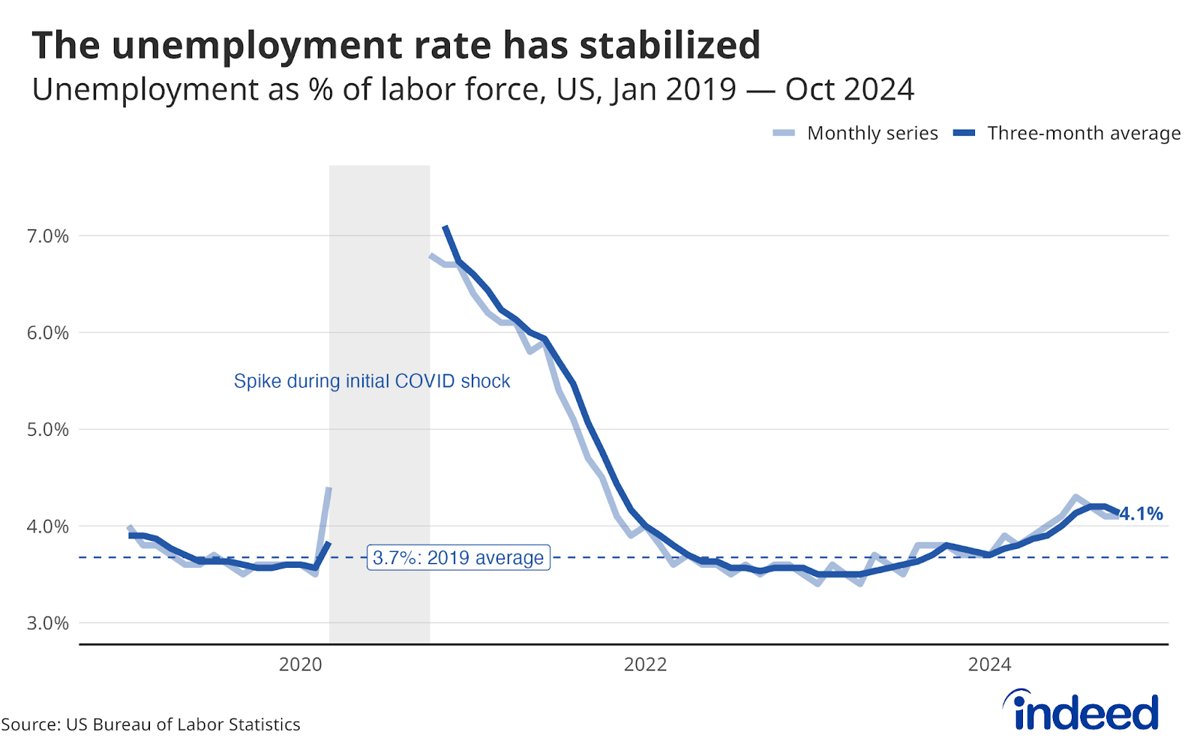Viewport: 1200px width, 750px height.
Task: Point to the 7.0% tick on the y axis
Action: [48, 236]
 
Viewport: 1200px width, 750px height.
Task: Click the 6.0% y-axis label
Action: [48, 333]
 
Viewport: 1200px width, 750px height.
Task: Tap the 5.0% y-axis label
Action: [48, 430]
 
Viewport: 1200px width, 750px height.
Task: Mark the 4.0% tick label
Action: [48, 526]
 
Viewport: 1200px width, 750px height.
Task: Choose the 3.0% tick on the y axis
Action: [48, 623]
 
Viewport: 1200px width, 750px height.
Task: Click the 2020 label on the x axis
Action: [300, 664]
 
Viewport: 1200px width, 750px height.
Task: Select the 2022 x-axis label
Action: [645, 664]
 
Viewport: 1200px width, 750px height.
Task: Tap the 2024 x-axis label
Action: [989, 664]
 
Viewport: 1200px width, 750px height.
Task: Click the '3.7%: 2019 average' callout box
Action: [458, 558]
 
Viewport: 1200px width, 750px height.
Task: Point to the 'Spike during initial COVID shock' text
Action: [372, 381]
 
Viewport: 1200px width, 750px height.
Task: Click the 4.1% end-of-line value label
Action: [1141, 514]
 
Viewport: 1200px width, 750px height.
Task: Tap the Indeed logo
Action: [1081, 710]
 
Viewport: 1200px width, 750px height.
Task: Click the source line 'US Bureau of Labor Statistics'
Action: [183, 724]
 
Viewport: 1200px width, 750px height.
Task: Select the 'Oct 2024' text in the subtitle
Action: [849, 90]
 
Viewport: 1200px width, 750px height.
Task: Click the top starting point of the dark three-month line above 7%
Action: [445, 226]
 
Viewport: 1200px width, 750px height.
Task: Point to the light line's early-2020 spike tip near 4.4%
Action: [328, 488]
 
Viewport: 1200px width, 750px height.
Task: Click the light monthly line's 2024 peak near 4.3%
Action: [1075, 497]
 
